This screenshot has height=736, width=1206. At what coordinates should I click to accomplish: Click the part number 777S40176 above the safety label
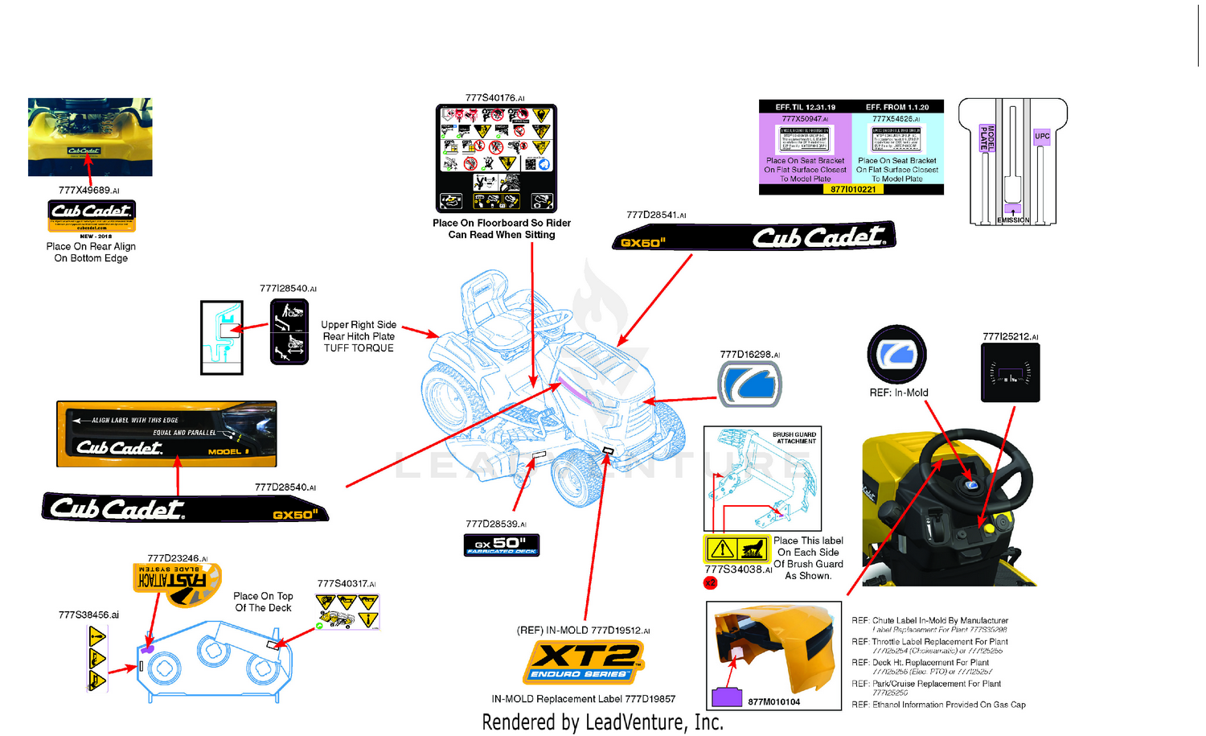coord(494,98)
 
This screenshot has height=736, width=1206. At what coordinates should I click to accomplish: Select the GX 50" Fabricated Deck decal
coord(502,545)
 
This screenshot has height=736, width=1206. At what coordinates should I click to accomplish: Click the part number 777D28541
coord(656,215)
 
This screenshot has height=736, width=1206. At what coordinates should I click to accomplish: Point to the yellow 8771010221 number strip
coord(853,190)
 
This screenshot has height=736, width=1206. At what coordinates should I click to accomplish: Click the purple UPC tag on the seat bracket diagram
coord(1042,136)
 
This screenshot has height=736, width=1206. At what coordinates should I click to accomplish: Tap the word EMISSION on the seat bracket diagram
coord(1013,220)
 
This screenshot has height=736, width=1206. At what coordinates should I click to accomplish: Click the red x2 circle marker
coord(710,582)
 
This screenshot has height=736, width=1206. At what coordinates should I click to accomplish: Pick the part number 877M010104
coord(773,702)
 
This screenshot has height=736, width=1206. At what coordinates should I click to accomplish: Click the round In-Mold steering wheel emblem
coord(896,354)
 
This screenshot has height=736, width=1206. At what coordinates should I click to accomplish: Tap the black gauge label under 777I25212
coord(1011,372)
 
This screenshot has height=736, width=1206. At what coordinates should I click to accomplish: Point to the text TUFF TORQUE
coord(359,348)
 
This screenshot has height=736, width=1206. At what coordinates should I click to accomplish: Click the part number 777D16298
coord(749,354)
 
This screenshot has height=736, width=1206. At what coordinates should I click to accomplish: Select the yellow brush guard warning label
coord(736,549)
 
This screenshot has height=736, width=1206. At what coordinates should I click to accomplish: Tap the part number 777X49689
coord(88,191)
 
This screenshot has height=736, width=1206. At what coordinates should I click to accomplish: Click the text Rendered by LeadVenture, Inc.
coord(602,722)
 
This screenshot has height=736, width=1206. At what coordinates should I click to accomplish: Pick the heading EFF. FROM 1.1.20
coord(897,107)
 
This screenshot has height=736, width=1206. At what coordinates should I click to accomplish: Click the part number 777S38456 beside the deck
coord(88,615)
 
